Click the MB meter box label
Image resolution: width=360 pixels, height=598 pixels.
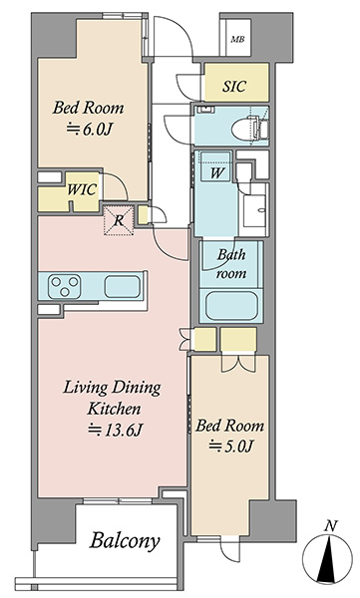point(237,39)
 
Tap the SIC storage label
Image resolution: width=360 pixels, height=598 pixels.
point(234,86)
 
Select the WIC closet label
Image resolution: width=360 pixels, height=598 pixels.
point(82,189)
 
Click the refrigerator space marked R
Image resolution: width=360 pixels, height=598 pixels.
point(119,220)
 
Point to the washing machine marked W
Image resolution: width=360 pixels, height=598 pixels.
point(216,166)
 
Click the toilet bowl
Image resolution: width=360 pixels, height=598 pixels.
point(243,130)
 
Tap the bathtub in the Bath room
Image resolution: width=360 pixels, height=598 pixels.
point(231,306)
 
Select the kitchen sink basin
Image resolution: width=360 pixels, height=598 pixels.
point(123,286)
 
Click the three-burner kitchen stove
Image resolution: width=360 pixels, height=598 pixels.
point(64,286)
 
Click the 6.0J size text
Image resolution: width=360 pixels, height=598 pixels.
point(90,130)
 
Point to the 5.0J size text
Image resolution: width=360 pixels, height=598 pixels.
point(231,446)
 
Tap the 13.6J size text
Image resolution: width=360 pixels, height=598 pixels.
point(116,430)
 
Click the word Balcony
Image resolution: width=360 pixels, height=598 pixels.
point(125,540)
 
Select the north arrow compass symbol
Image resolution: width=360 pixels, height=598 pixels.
point(327,559)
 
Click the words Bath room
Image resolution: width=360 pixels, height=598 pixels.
point(231,264)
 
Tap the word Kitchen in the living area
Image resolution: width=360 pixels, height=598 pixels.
point(114,409)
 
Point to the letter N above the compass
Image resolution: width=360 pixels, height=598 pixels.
point(331,526)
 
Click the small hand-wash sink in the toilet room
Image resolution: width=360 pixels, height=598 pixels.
point(205,110)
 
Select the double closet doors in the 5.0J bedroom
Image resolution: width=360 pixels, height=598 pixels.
point(238,363)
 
